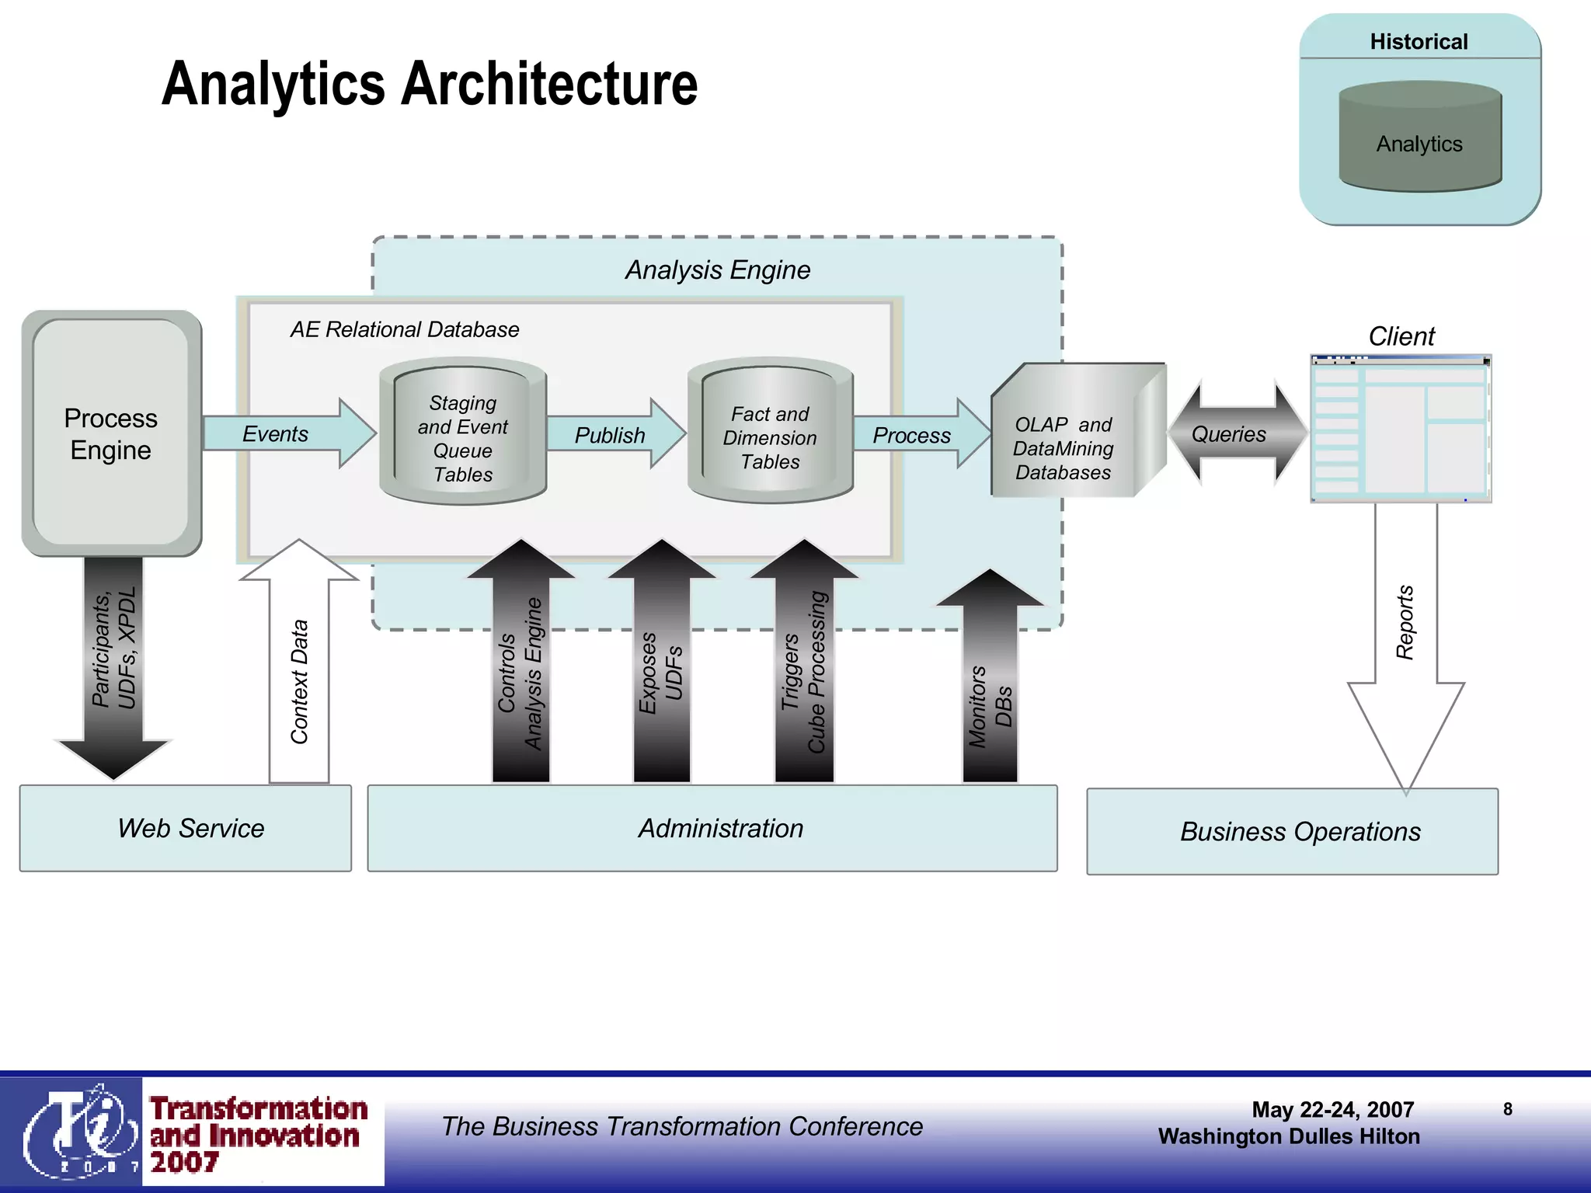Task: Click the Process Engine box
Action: click(x=111, y=433)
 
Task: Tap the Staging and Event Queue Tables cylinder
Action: click(x=463, y=435)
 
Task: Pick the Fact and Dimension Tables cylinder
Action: click(x=770, y=435)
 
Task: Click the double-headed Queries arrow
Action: click(x=1235, y=433)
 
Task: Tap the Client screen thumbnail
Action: click(x=1401, y=429)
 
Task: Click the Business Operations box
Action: click(x=1292, y=831)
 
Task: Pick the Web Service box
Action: click(x=185, y=828)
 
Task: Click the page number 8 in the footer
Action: click(x=1507, y=1109)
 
